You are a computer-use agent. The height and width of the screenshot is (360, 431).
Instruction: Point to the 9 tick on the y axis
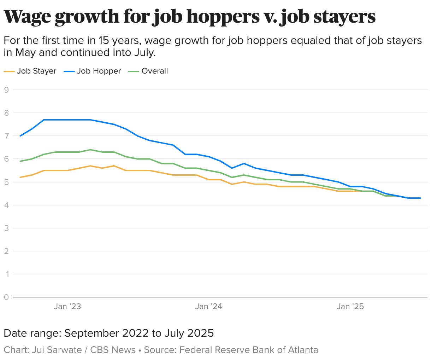coord(6,90)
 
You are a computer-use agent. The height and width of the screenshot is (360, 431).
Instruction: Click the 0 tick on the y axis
coord(6,297)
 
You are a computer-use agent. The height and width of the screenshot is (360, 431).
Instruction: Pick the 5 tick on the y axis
coord(6,182)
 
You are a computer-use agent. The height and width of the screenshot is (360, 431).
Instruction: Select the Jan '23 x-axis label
coord(67,306)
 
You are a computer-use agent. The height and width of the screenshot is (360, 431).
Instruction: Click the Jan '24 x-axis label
coord(209,306)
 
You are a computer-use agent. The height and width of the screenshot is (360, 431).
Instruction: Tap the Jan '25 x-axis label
coord(350,306)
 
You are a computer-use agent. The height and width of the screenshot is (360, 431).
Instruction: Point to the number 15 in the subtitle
coord(104,41)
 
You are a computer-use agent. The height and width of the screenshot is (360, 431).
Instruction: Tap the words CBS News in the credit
coord(113,350)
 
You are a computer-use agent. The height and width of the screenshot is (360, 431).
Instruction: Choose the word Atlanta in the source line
coord(303,350)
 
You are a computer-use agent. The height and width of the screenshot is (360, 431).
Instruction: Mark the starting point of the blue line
coord(20,136)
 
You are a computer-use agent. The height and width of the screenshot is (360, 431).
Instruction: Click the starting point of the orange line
coord(20,177)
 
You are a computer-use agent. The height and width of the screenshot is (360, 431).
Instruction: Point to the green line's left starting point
coord(20,161)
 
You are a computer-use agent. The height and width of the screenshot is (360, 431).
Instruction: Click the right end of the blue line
coord(420,198)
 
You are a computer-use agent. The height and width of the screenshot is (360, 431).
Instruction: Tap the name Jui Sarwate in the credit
coord(57,350)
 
